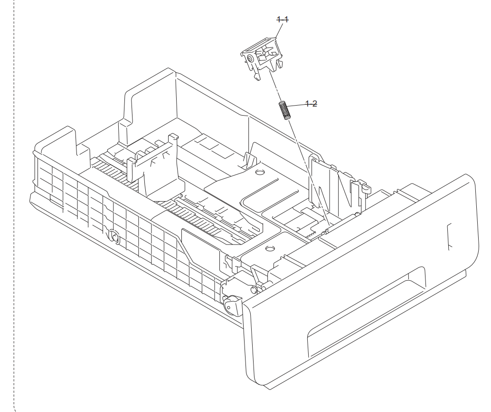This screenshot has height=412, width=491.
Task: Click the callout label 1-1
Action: pos(283,20)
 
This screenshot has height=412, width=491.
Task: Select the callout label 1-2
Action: pos(312,104)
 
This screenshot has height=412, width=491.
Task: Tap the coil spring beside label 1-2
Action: pos(284,111)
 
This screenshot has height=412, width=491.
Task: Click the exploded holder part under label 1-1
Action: pos(261,57)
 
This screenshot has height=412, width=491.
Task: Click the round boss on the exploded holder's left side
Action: pos(249,59)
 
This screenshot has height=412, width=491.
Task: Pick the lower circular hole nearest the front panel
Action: pos(269,248)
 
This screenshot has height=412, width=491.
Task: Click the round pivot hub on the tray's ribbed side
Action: pos(113,235)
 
